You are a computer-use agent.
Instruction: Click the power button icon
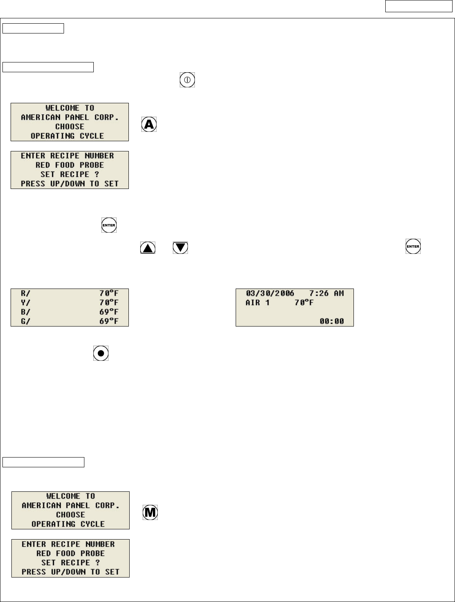pos(187,80)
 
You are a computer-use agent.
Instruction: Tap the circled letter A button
pos(149,124)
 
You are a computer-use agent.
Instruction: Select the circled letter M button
pos(150,513)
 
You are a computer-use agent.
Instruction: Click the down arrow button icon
pos(181,247)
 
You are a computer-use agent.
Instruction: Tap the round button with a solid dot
pos(101,353)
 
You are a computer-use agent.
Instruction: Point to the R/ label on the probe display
pos(26,293)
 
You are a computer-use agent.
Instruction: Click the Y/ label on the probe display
pos(26,302)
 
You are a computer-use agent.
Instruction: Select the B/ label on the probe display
pos(26,312)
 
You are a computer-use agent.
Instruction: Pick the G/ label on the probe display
pos(26,321)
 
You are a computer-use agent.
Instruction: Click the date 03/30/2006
pos(270,293)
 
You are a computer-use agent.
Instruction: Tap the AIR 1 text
pos(257,303)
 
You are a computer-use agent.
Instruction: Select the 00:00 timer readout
pos(331,321)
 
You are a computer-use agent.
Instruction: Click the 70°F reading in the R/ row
pos(109,293)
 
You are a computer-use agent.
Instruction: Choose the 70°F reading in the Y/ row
pos(109,302)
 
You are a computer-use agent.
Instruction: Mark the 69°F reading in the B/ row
pos(109,312)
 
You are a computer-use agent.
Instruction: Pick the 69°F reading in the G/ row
pos(109,321)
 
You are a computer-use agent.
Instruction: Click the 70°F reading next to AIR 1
pos(304,303)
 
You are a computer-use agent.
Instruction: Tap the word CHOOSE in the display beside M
pos(71,515)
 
